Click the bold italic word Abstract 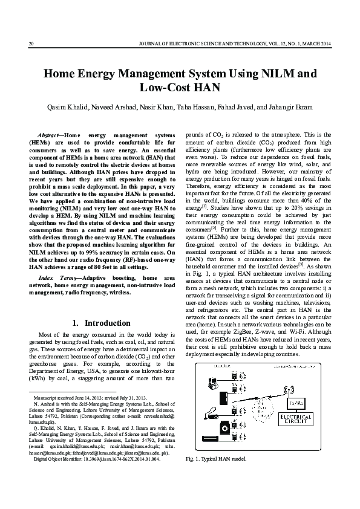(48, 133)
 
